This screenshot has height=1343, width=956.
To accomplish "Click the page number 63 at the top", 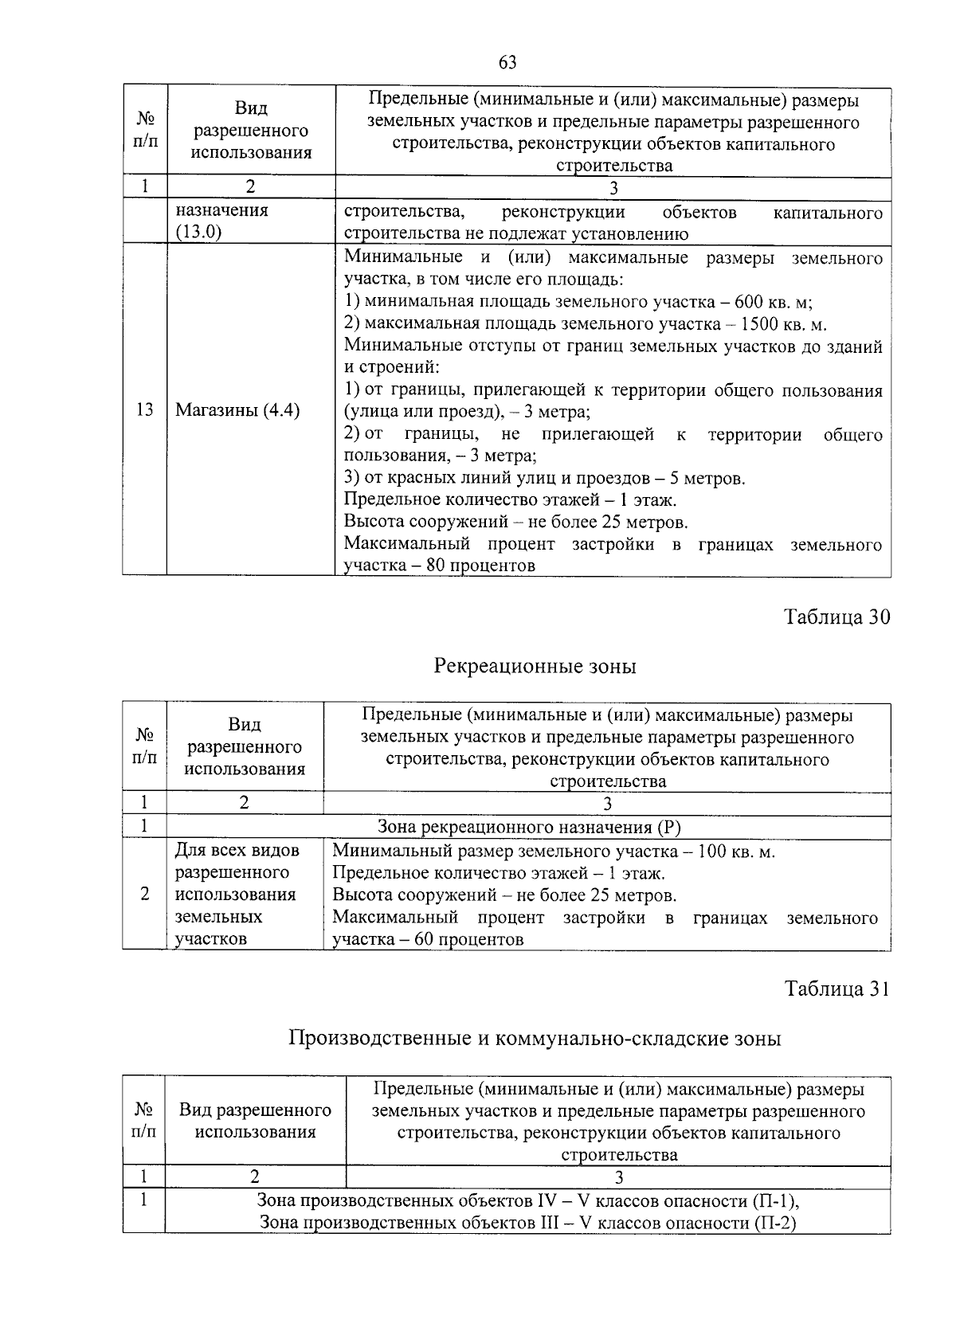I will coord(507,63).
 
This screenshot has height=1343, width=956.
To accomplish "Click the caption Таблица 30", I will coord(836,617).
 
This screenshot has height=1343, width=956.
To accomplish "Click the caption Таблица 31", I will coord(836,989).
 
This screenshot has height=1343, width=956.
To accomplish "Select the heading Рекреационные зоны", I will coord(535,666).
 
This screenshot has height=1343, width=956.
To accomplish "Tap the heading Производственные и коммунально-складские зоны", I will coord(535,1039).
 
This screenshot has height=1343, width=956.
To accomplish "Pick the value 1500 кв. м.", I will coord(783,325).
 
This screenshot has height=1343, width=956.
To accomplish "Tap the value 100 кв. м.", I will coord(735,852).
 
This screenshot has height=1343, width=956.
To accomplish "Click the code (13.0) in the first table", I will coord(198,233).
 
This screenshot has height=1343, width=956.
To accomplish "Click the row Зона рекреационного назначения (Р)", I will coord(529,828).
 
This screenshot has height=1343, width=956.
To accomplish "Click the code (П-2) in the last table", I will coord(774,1223).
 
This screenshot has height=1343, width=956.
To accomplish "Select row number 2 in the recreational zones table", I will coord(144,895).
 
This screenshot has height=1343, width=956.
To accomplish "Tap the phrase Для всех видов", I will coord(237,851).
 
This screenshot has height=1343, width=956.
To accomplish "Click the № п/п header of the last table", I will coord(144,1120).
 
